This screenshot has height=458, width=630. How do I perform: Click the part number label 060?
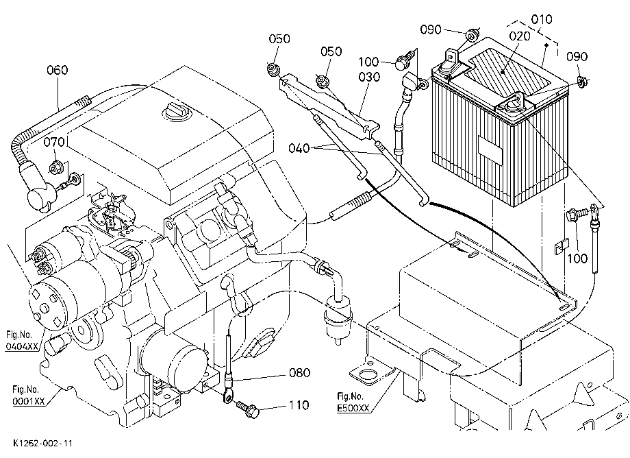pos(58,70)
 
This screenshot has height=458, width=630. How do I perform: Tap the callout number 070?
pos(54,142)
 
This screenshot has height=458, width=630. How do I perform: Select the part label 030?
pos(369,76)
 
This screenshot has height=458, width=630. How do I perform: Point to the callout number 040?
pos(299,148)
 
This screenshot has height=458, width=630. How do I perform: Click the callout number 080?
pos(300,373)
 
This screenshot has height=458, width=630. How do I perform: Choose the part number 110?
pos(299,405)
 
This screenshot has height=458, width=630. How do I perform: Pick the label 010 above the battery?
pos(542,19)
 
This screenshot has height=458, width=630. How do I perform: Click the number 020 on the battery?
pos(520,36)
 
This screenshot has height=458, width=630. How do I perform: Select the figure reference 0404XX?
pos(22,346)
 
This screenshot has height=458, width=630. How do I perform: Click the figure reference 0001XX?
pos(29,401)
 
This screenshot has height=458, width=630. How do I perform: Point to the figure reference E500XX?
pos(353,408)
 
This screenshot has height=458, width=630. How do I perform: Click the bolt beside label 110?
pos(247,409)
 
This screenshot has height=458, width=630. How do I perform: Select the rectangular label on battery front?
pos(490,149)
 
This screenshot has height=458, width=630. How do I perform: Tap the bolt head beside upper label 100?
pos(402,64)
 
